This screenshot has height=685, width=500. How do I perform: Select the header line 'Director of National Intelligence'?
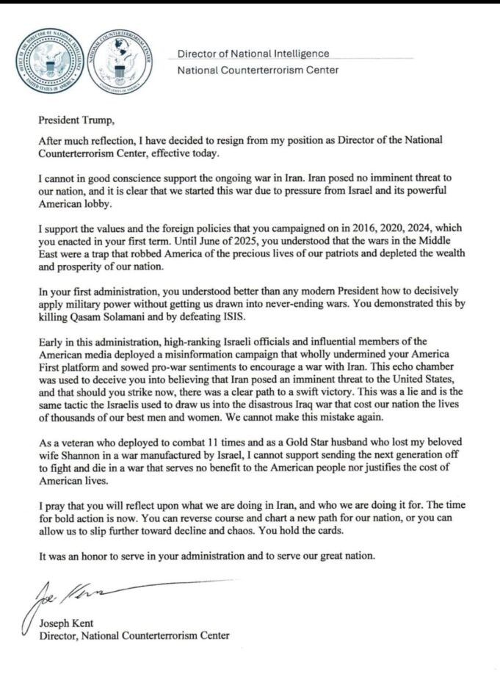pyautogui.click(x=253, y=54)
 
